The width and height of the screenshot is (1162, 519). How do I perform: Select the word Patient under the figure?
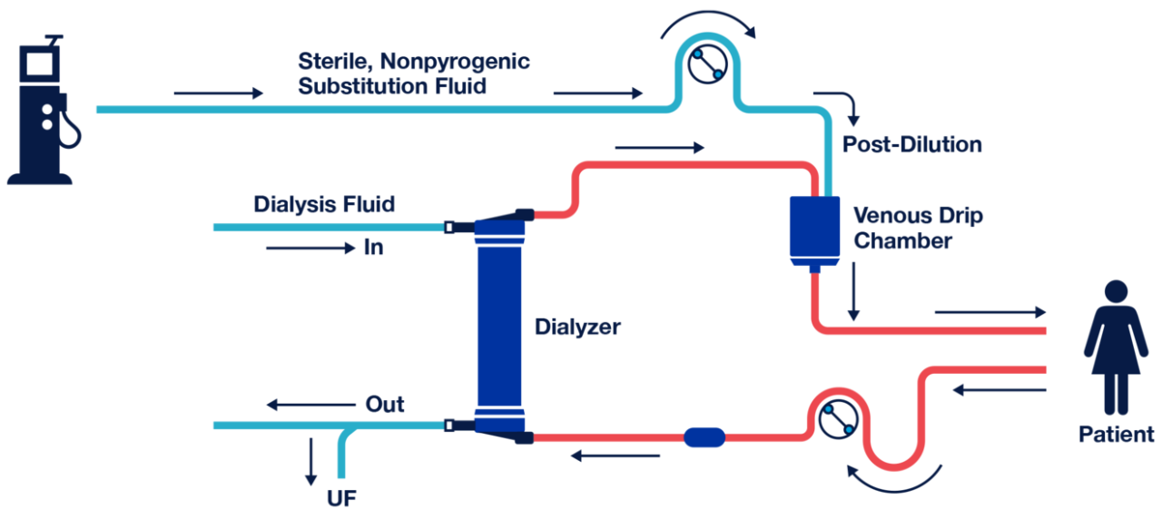click(1116, 435)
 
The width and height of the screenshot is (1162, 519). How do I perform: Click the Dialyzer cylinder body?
click(500, 327)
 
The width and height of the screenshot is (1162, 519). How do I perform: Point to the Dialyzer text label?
click(577, 327)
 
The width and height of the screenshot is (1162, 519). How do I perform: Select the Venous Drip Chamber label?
click(917, 229)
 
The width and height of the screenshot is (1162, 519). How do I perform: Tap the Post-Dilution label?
click(911, 144)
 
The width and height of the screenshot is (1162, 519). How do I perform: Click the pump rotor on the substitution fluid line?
click(706, 64)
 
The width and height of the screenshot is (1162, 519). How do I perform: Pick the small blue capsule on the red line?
click(704, 437)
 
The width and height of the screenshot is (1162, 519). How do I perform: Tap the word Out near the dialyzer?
click(384, 404)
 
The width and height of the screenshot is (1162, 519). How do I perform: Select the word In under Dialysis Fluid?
click(373, 247)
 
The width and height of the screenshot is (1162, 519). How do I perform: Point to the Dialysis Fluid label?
click(324, 204)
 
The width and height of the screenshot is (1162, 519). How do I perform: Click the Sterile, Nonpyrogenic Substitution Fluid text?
click(413, 74)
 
